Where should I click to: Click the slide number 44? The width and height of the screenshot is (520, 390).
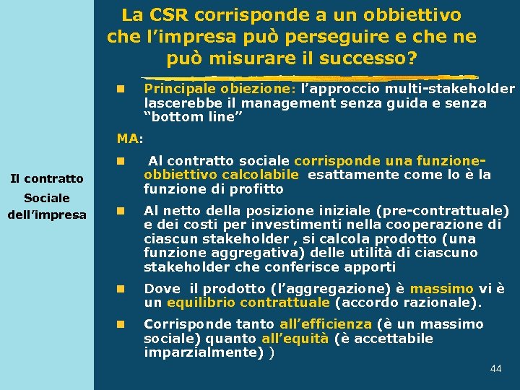tap(495, 369)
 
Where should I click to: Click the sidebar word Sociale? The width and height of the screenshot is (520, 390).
tap(46, 198)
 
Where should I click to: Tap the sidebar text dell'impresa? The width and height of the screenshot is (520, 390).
tap(46, 214)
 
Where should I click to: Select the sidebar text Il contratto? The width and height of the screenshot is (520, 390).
tap(46, 178)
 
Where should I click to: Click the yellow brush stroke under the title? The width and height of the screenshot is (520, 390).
tap(311, 77)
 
